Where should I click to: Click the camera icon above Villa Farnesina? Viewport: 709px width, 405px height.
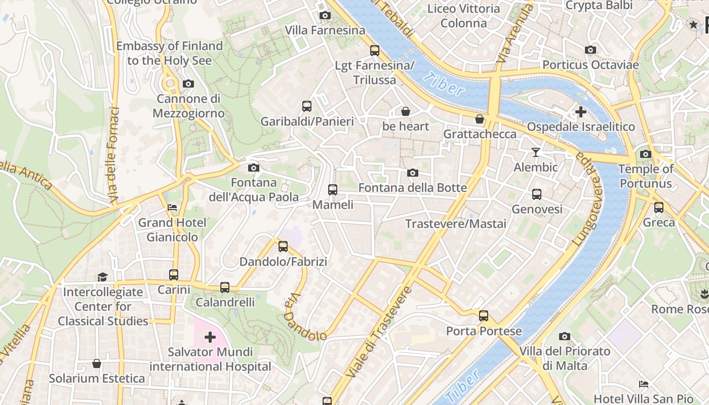pos(325,16)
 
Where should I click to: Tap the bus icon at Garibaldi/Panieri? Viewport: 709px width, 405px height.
pos(307,106)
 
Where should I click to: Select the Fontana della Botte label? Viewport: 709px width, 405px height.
pos(412,188)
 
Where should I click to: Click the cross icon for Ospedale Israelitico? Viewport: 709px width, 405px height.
pos(580,112)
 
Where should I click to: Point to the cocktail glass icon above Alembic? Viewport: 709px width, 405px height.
pos(536,152)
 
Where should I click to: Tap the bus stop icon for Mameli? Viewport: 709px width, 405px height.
pos(332,190)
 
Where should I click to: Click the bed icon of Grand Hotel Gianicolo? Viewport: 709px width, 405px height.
pos(172,208)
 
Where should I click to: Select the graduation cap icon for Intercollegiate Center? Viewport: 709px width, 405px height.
pos(103,277)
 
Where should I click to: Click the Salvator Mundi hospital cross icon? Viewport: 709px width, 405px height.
pos(210,337)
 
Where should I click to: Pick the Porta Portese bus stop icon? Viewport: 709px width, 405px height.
pos(484,316)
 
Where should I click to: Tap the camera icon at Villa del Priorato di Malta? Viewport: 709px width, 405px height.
pos(565,337)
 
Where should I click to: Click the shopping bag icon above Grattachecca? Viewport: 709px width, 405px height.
pos(480,119)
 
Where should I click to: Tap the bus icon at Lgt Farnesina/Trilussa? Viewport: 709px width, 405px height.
pos(375,51)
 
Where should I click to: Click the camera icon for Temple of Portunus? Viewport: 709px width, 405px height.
pos(645,154)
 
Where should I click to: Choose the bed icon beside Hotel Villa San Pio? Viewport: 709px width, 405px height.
pos(644,384)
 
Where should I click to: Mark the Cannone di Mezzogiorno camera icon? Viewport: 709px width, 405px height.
pos(188,84)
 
